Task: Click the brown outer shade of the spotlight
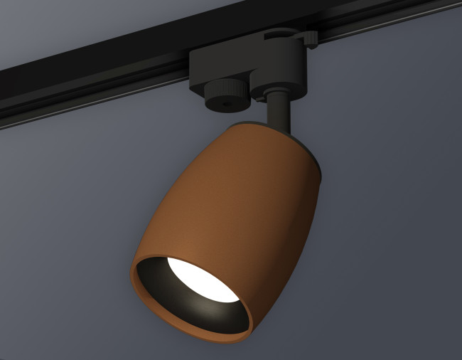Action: [x=235, y=192]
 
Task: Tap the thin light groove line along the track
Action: [x=85, y=107]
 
